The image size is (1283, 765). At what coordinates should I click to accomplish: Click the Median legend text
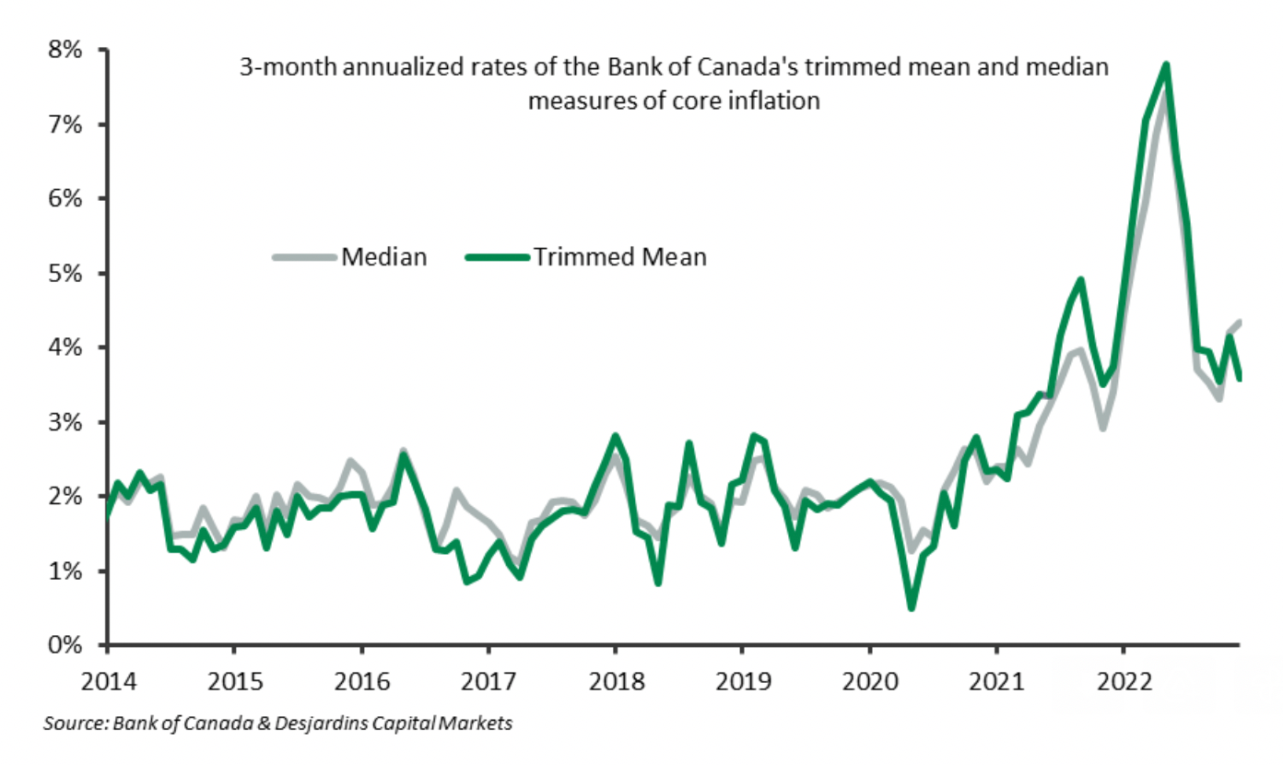[384, 257]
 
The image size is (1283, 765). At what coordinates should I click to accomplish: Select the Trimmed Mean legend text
[618, 257]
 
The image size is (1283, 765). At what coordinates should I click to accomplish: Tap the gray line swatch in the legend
[305, 258]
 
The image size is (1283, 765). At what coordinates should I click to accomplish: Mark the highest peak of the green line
[1167, 65]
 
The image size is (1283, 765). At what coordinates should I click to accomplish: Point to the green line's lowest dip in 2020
[912, 607]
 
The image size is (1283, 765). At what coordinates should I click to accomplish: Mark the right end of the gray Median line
[1241, 322]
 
